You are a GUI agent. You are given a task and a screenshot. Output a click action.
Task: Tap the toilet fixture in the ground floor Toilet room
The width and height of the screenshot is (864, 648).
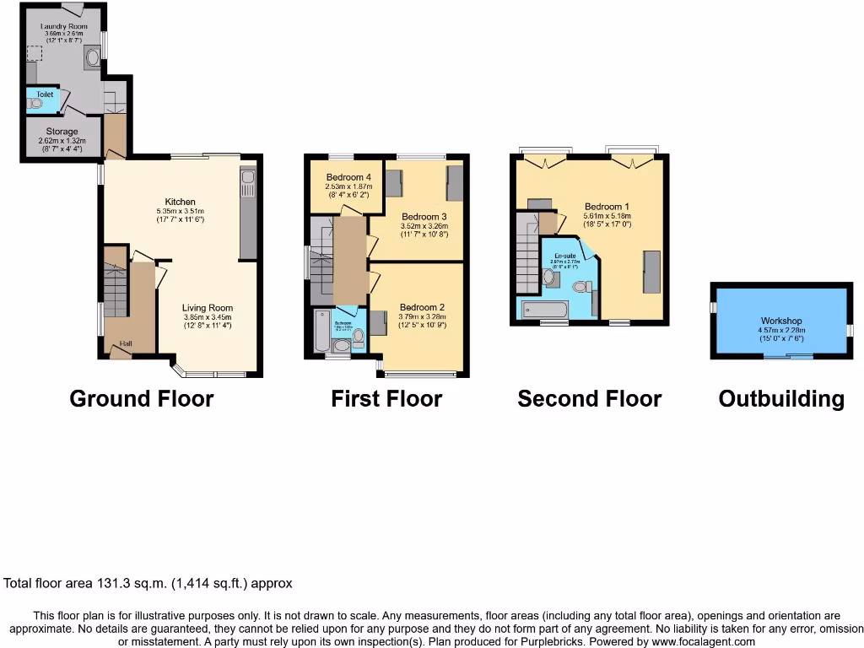(x=35, y=104)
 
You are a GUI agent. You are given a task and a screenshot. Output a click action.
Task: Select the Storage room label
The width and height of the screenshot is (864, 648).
(x=62, y=132)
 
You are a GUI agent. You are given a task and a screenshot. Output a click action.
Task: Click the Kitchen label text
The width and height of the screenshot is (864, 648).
(x=180, y=202)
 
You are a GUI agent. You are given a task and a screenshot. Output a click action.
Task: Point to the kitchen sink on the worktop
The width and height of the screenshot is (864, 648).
(x=248, y=180)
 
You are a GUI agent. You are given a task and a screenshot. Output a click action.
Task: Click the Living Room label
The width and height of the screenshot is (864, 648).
(x=208, y=308)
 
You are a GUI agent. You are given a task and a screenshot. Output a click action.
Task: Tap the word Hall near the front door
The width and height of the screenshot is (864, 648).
(x=126, y=343)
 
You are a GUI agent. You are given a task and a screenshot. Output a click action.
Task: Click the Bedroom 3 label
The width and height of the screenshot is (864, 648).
(x=424, y=216)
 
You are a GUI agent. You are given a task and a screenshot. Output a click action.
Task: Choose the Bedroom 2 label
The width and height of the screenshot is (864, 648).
(x=422, y=307)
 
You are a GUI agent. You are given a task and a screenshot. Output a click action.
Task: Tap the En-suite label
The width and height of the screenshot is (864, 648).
(x=565, y=255)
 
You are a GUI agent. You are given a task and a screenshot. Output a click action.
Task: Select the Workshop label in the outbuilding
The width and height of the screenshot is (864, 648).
(x=780, y=321)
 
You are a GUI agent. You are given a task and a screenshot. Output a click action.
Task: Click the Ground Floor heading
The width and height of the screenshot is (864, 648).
(x=141, y=398)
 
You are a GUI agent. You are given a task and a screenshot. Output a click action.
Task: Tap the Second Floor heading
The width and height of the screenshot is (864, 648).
(x=589, y=398)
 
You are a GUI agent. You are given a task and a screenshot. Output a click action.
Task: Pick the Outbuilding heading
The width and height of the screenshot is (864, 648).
(x=780, y=398)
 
